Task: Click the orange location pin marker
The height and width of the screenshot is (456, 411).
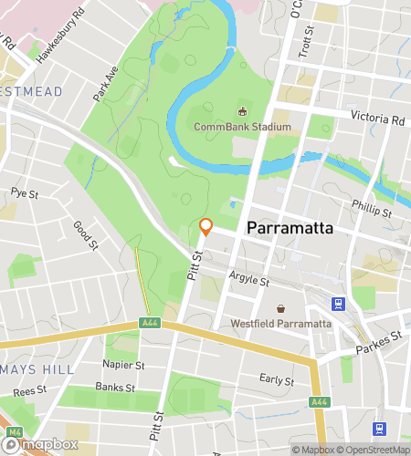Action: point(205,227)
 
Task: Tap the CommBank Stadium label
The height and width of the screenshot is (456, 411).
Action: point(242,127)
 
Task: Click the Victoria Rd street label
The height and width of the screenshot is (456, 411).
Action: point(378,119)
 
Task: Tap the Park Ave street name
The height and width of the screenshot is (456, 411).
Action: point(105,83)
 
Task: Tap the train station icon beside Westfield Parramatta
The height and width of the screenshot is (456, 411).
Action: point(339,304)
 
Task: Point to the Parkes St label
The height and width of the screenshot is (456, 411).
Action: point(384,338)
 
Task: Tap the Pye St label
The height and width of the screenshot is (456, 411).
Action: point(25,193)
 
